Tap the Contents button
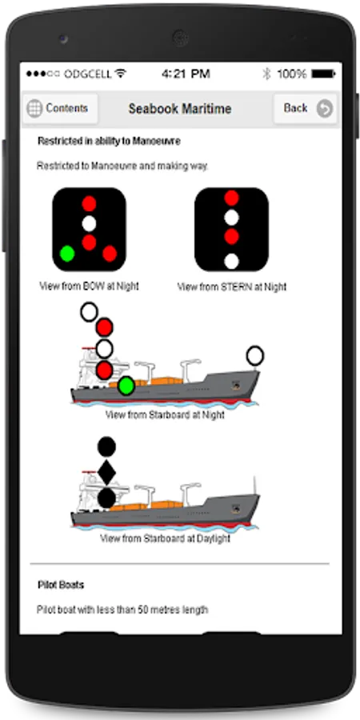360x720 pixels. click(60, 109)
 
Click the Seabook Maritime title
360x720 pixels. click(179, 109)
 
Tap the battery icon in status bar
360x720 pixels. click(323, 74)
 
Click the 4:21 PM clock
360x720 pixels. click(186, 74)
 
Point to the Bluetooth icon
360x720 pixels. click(266, 74)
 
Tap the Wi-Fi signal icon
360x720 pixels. click(121, 73)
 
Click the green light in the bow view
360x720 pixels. click(67, 254)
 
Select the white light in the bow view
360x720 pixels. click(89, 224)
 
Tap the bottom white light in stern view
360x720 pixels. click(231, 261)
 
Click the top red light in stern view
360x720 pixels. click(231, 198)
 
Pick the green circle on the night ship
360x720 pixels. click(126, 386)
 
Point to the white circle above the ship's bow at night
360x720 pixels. click(255, 356)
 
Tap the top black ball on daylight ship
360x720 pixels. click(106, 446)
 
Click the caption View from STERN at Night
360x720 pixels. click(232, 287)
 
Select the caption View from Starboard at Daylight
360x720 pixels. click(166, 538)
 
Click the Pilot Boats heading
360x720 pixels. click(61, 585)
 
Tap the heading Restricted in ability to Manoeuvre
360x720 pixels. click(109, 142)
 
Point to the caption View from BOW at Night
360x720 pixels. click(89, 286)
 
